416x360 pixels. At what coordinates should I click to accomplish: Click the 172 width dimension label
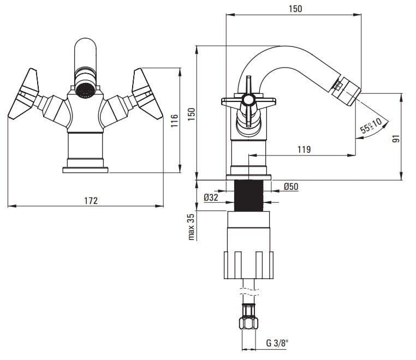tap(91, 200)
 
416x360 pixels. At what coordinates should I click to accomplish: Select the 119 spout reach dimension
tap(305, 148)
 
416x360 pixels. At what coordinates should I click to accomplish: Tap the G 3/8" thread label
tap(277, 343)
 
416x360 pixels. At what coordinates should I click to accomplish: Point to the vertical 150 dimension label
tap(191, 115)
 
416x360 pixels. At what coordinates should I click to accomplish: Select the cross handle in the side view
tap(248, 101)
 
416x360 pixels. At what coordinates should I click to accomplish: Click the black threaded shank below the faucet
tap(249, 195)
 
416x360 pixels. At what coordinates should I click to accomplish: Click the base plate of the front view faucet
tap(85, 170)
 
